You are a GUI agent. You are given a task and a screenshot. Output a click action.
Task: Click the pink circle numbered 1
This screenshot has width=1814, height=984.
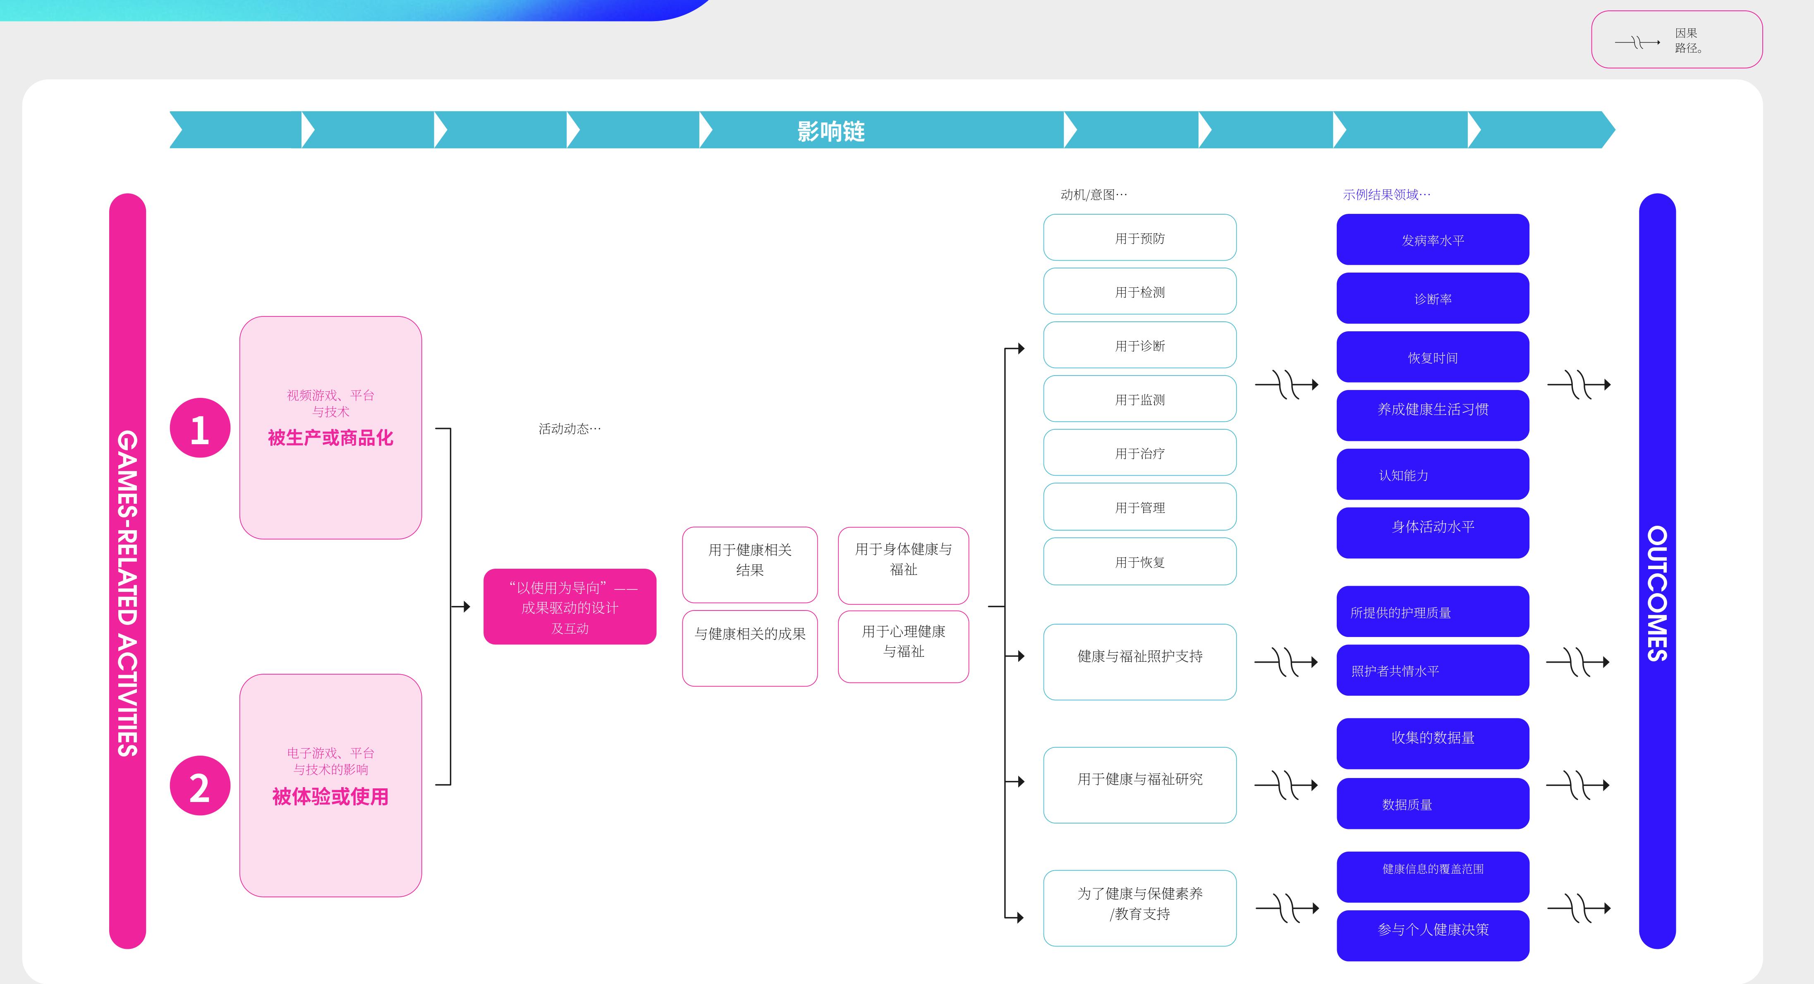(x=200, y=428)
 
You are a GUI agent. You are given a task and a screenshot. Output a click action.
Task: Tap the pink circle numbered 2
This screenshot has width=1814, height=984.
(x=200, y=785)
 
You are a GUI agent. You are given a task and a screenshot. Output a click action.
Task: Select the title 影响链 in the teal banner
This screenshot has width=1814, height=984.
(x=831, y=131)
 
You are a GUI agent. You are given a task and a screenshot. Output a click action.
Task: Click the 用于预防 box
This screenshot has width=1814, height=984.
(x=1139, y=237)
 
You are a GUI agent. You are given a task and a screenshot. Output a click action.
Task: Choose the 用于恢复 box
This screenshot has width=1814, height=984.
(x=1139, y=561)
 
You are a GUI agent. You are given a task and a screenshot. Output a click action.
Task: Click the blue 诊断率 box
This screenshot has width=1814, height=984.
(x=1432, y=298)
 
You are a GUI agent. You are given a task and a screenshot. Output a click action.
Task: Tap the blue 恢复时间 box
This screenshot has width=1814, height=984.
(x=1432, y=357)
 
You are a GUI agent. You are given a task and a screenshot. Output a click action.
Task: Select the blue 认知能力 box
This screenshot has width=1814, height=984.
(x=1432, y=474)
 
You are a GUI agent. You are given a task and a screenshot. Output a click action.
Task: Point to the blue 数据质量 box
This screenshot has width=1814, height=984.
(x=1432, y=804)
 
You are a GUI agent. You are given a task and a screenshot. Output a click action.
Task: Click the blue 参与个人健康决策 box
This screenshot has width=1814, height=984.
(x=1432, y=935)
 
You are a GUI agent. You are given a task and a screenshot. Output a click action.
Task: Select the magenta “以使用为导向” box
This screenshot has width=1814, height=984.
(x=570, y=606)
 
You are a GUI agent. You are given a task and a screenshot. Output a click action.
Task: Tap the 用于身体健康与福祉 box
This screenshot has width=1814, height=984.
(x=903, y=565)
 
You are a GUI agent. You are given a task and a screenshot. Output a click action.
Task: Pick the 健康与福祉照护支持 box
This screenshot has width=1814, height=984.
(x=1139, y=661)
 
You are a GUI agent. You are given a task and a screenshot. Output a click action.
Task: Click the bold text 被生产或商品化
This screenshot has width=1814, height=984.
(x=330, y=438)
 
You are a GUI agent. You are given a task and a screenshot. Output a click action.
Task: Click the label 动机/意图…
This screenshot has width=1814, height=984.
(x=1094, y=194)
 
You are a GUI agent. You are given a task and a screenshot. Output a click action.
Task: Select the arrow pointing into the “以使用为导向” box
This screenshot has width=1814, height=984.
(x=461, y=606)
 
